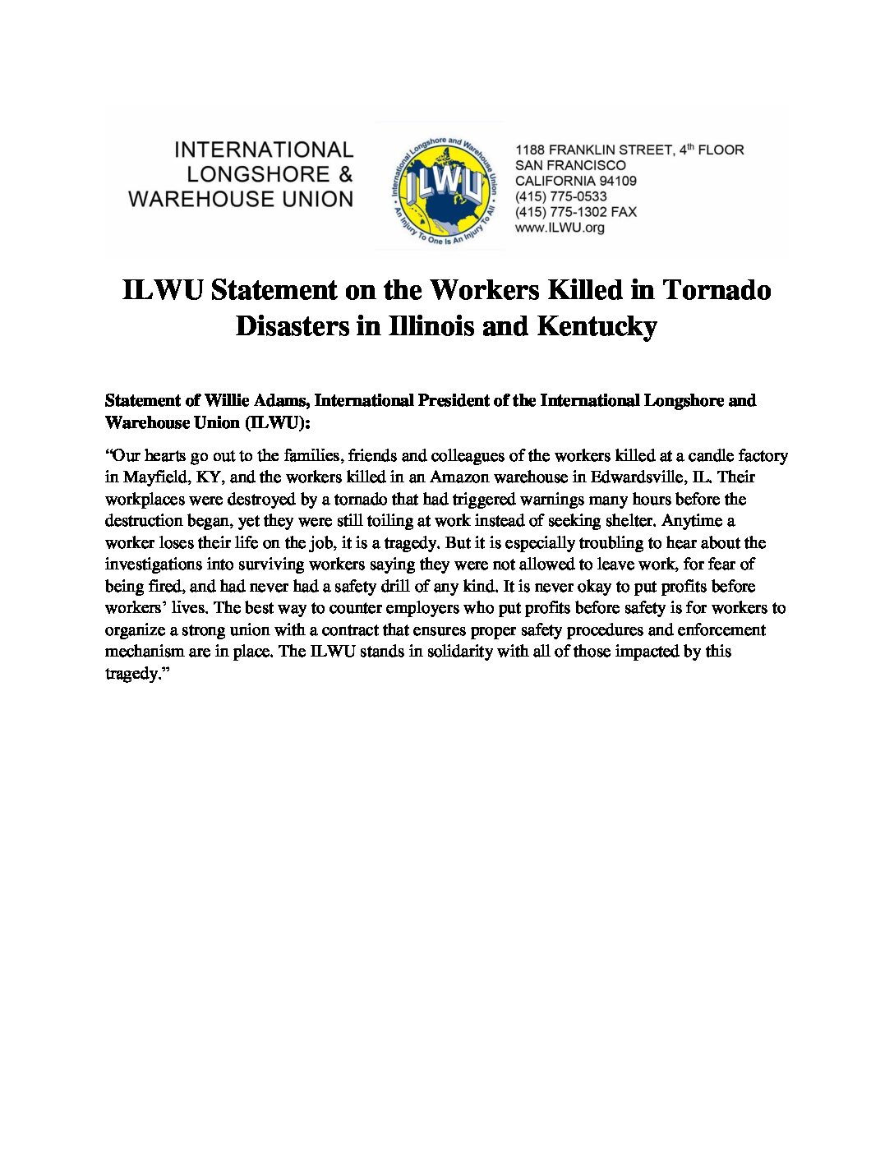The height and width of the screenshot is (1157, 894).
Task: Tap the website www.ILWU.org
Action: point(560,228)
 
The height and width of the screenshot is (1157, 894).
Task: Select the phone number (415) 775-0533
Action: point(561,196)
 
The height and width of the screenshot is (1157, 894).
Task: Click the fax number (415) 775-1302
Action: point(561,212)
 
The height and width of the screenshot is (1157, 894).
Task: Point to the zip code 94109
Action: point(617,181)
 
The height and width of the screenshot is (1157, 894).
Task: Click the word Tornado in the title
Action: point(717,290)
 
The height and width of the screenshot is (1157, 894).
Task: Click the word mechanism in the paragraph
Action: point(145,652)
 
